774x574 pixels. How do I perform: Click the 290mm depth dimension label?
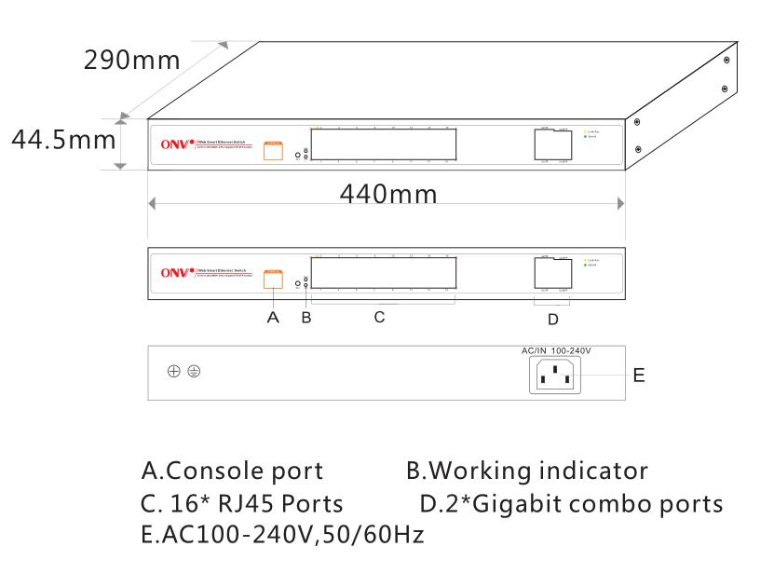click(x=132, y=61)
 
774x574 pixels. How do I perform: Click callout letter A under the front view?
click(x=272, y=318)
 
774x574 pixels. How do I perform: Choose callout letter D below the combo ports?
click(x=552, y=321)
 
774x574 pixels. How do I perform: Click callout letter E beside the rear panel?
click(x=638, y=376)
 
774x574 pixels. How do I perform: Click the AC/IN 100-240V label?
click(x=557, y=350)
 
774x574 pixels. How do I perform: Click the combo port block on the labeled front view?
click(x=552, y=273)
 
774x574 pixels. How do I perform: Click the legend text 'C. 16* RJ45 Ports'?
click(x=242, y=504)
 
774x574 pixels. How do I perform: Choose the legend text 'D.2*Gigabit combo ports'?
click(x=571, y=504)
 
